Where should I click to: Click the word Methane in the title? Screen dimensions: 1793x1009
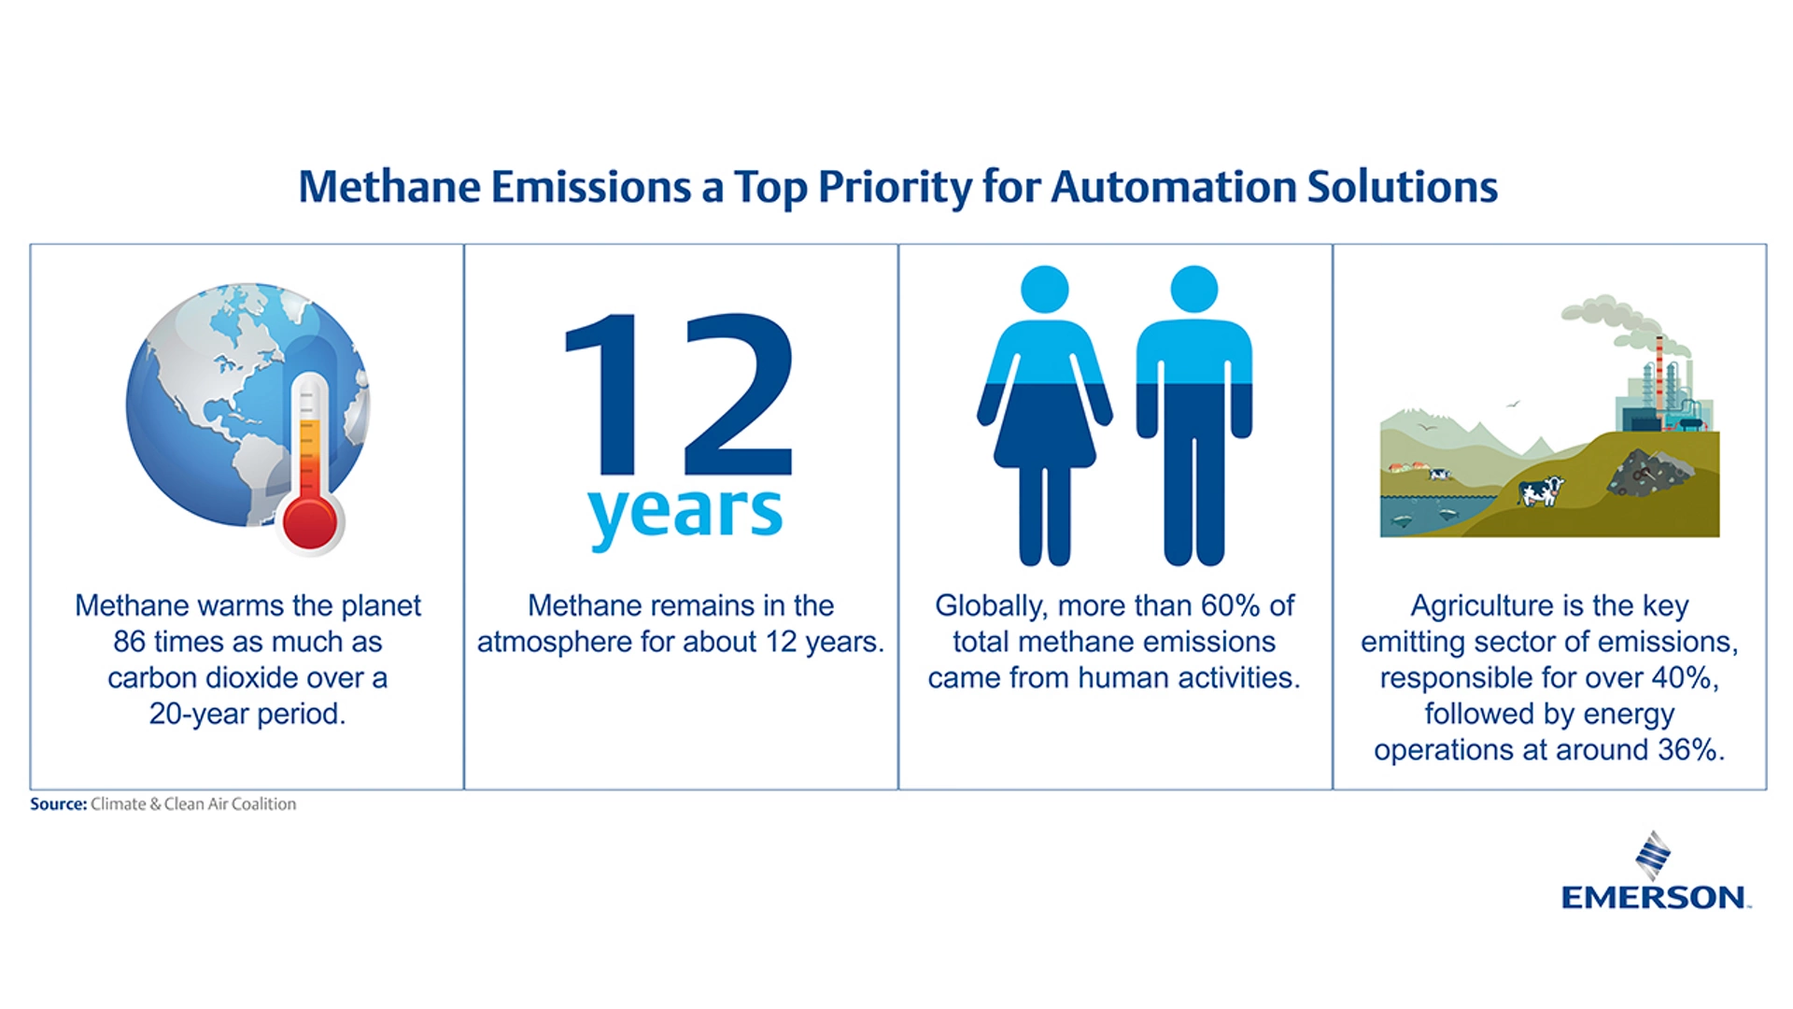389,187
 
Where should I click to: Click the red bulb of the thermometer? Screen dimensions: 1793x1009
310,521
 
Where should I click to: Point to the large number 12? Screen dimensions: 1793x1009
679,395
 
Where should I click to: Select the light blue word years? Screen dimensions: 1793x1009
685,514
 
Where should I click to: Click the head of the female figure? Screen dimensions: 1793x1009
1044,289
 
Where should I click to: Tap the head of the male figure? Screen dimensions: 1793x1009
1193,289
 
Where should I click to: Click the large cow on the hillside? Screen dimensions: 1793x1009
1540,490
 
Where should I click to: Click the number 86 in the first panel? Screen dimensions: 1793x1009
129,642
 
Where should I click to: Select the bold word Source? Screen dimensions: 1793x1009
58,803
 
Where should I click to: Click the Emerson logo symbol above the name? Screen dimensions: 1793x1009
1653,855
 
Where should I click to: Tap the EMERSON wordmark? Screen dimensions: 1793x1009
1655,898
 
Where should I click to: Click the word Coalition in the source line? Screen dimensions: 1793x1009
263,803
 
